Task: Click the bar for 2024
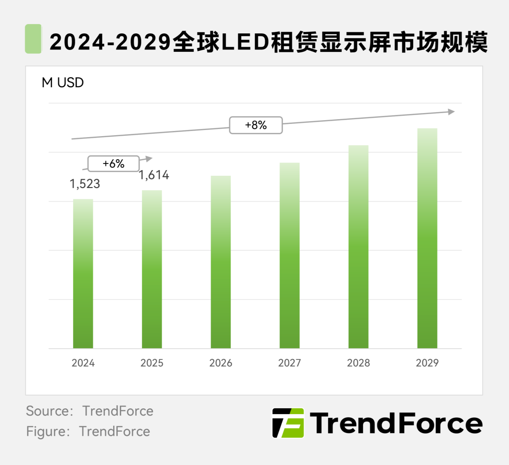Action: pyautogui.click(x=83, y=274)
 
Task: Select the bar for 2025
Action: pyautogui.click(x=152, y=269)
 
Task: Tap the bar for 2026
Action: pyautogui.click(x=221, y=262)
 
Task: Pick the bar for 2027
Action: pyautogui.click(x=289, y=255)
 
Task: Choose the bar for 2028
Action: pyautogui.click(x=358, y=247)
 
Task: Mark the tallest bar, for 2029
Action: pyautogui.click(x=427, y=238)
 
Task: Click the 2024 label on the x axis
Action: pyautogui.click(x=83, y=363)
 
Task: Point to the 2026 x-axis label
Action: pyautogui.click(x=221, y=363)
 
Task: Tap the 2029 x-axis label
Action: pyautogui.click(x=427, y=363)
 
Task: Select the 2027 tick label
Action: pyautogui.click(x=289, y=363)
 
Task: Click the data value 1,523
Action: pyautogui.click(x=85, y=184)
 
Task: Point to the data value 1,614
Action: pyautogui.click(x=154, y=175)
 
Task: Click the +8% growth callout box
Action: pyautogui.click(x=255, y=125)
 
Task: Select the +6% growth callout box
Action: pyautogui.click(x=113, y=163)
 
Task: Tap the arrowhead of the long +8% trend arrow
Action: pyautogui.click(x=452, y=112)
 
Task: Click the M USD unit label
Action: pyautogui.click(x=63, y=83)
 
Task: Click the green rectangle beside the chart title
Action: pyautogui.click(x=33, y=39)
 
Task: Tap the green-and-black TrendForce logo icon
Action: pyautogui.click(x=288, y=423)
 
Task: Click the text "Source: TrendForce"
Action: pyautogui.click(x=90, y=411)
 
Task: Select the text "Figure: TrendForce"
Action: pyautogui.click(x=88, y=432)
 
